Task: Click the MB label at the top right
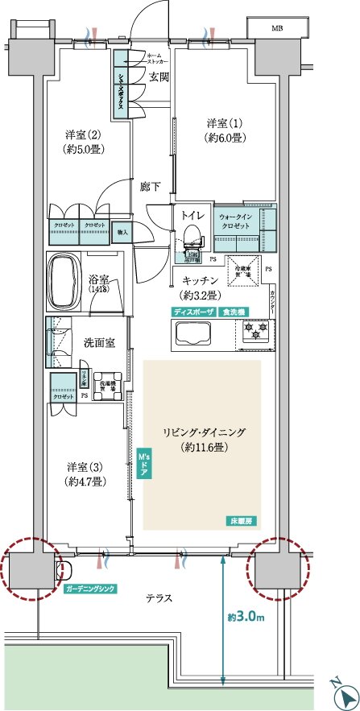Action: (276, 29)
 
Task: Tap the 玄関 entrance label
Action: (159, 78)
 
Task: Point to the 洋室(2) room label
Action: (81, 142)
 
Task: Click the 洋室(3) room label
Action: (82, 473)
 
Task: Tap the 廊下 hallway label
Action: (150, 187)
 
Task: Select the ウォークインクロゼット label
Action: (237, 221)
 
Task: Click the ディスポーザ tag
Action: (192, 311)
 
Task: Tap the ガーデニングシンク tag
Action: (89, 589)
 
